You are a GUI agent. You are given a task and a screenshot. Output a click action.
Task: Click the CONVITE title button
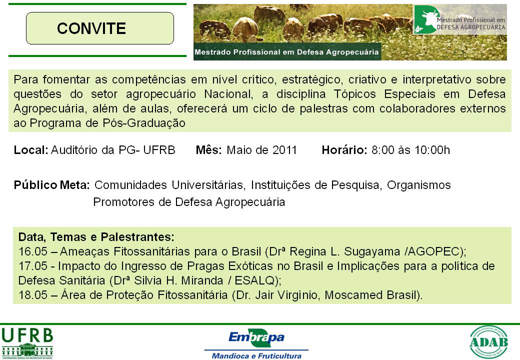100,28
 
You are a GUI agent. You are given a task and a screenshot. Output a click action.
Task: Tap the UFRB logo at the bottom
27,343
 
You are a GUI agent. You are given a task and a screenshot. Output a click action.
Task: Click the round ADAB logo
488,342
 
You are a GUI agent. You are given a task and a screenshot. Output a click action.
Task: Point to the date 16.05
33,251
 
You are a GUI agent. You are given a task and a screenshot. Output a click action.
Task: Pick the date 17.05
33,266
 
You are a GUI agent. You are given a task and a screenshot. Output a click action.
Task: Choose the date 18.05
33,295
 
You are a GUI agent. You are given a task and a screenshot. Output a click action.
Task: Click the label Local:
31,150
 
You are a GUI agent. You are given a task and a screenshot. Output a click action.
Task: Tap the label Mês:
208,150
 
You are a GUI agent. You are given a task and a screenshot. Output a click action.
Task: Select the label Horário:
344,150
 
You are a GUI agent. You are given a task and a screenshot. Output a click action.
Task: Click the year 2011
284,150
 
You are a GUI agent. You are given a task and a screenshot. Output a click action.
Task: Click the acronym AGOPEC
433,251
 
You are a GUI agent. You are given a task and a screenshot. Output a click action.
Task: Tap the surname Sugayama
372,252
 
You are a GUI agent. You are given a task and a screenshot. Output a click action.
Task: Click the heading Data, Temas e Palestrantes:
96,237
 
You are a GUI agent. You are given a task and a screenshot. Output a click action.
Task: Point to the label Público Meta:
51,185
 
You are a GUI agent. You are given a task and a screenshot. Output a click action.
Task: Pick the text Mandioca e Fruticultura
256,356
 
